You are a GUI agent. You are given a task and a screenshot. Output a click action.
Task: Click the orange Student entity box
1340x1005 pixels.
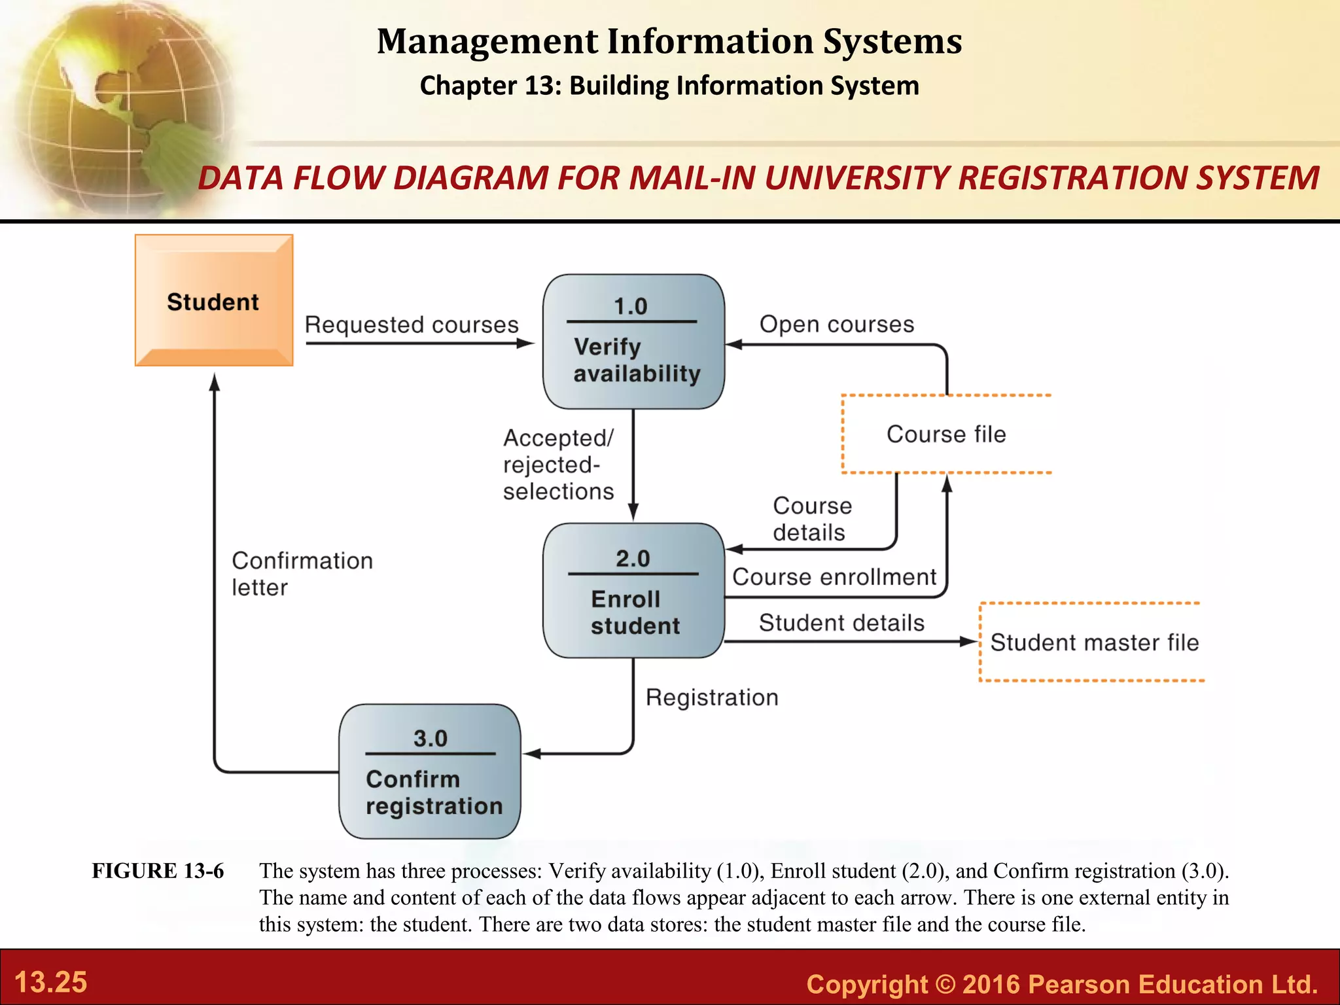213,300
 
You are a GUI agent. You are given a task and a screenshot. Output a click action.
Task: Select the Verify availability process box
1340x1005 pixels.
633,342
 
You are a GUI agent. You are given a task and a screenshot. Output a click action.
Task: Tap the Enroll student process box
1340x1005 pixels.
633,590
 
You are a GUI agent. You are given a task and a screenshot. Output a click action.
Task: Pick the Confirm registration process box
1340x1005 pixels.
430,771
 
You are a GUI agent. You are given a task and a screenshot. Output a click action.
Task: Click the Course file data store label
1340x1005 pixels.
945,434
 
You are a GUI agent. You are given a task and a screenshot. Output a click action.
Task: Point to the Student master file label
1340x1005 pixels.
1094,643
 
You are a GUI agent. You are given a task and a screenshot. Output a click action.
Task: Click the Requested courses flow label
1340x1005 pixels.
412,325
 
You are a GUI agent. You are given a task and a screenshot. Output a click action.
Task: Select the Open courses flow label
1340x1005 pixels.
836,324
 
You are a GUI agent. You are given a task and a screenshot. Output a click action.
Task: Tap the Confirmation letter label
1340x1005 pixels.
302,574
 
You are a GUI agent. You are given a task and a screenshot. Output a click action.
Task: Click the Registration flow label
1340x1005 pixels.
712,697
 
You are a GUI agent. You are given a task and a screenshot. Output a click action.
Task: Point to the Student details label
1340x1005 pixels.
841,623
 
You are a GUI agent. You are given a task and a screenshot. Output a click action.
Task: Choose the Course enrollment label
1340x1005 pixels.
834,577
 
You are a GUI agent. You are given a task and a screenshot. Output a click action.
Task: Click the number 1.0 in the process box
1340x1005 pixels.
630,306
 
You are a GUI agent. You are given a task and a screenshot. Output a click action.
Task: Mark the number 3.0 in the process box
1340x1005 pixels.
430,739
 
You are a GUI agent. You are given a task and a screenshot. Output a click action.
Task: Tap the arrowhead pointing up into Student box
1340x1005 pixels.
214,381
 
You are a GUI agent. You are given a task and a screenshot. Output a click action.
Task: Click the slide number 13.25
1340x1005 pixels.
50,982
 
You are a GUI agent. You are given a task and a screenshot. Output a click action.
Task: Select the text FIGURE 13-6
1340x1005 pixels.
158,871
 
